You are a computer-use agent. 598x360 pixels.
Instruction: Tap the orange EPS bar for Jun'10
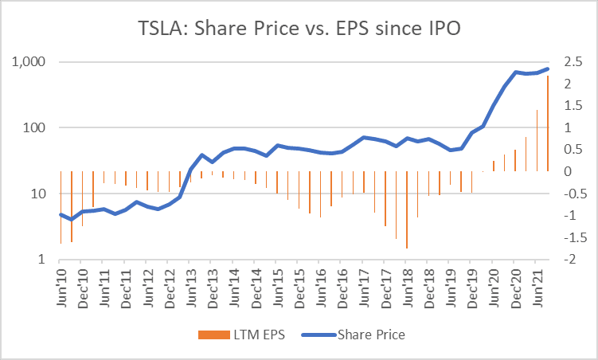(61, 207)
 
